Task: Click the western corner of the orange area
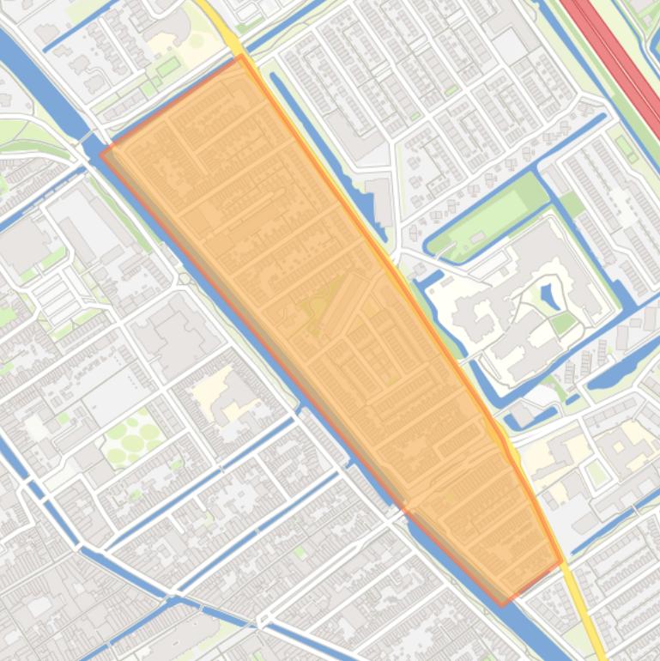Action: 101,155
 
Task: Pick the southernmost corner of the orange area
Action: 504,604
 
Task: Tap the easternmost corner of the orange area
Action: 562,562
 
